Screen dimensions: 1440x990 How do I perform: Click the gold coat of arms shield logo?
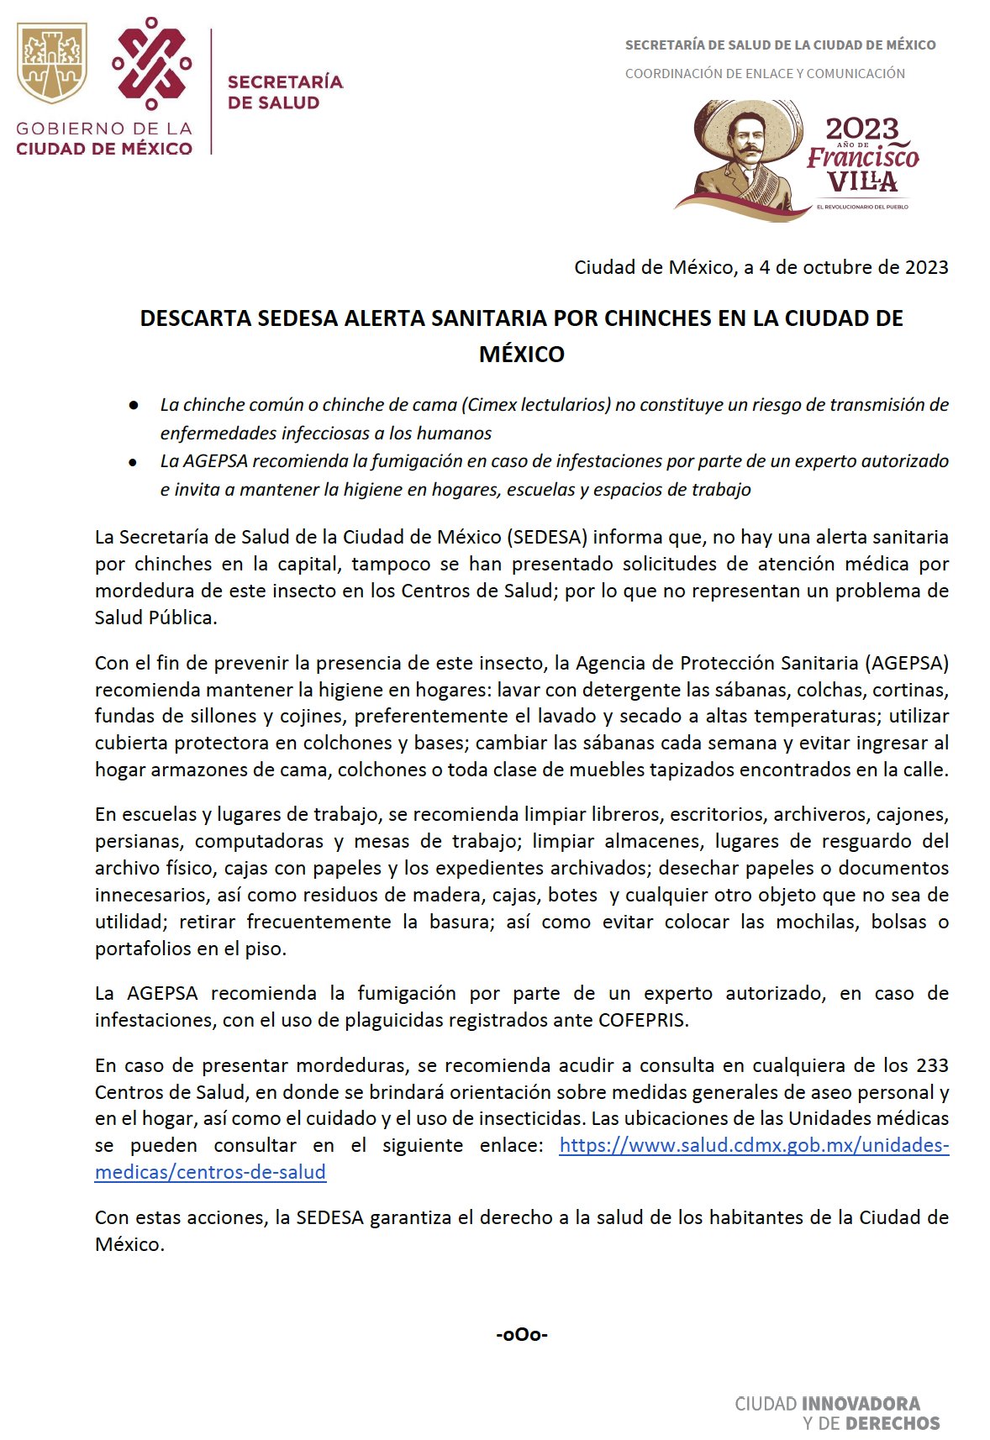pos(51,63)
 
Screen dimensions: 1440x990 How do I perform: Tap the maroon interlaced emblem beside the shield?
pos(151,63)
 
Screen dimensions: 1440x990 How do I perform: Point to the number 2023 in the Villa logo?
pos(861,129)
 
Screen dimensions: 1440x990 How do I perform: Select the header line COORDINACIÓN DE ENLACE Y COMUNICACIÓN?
pos(765,74)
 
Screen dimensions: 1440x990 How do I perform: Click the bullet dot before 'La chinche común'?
pos(133,406)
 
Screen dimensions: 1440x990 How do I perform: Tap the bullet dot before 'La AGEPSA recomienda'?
pos(133,462)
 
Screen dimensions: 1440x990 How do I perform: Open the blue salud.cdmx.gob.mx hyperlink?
pos(753,1146)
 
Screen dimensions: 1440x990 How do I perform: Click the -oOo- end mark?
pos(521,1334)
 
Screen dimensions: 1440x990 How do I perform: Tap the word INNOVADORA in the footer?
pos(861,1404)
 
